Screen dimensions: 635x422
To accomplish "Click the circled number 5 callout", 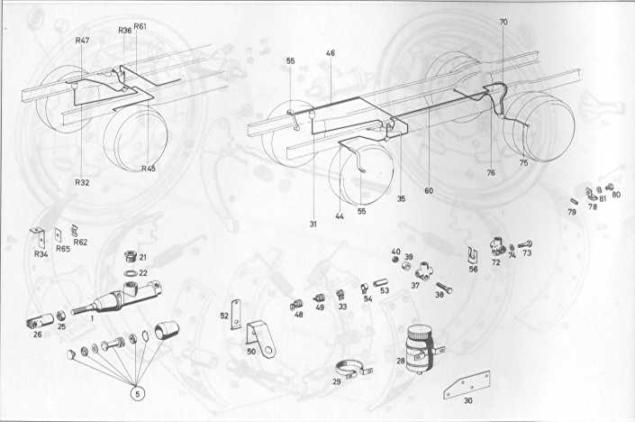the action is click(x=138, y=393).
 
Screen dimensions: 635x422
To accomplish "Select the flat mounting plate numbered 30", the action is click(x=467, y=384).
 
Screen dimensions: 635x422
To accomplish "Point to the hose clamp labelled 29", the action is click(x=354, y=368).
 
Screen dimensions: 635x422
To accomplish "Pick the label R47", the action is click(x=82, y=41).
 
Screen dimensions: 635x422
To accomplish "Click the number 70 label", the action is click(x=503, y=23).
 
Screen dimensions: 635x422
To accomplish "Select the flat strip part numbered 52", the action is click(x=235, y=314).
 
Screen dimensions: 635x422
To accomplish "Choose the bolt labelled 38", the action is click(x=444, y=288).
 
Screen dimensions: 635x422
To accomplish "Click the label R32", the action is click(x=82, y=182).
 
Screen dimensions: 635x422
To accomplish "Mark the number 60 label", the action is click(x=429, y=190).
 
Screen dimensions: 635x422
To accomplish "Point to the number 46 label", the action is click(x=331, y=53).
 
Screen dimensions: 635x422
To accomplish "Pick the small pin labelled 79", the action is click(x=573, y=201).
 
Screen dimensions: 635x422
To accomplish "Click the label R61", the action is click(x=141, y=26).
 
